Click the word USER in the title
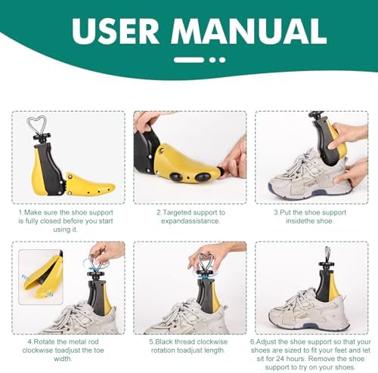coord(116,31)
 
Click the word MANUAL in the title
coord(249,31)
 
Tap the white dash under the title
coord(189,60)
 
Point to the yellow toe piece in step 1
coord(89,185)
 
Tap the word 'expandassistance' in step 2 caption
coord(190,221)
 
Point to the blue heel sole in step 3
coord(271,190)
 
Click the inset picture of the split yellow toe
coord(41,277)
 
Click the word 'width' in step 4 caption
coord(63,359)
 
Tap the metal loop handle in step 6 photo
coord(327,254)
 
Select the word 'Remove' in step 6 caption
coord(321,359)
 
